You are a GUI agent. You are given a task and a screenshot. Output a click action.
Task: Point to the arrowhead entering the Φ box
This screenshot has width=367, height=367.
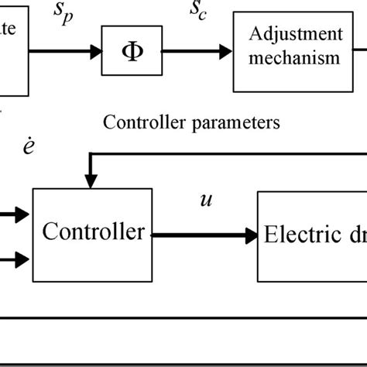97,52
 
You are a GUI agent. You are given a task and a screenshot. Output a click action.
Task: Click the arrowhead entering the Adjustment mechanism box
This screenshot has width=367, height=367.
226,52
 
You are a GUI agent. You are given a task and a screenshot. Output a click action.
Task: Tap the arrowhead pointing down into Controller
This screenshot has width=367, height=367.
91,183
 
